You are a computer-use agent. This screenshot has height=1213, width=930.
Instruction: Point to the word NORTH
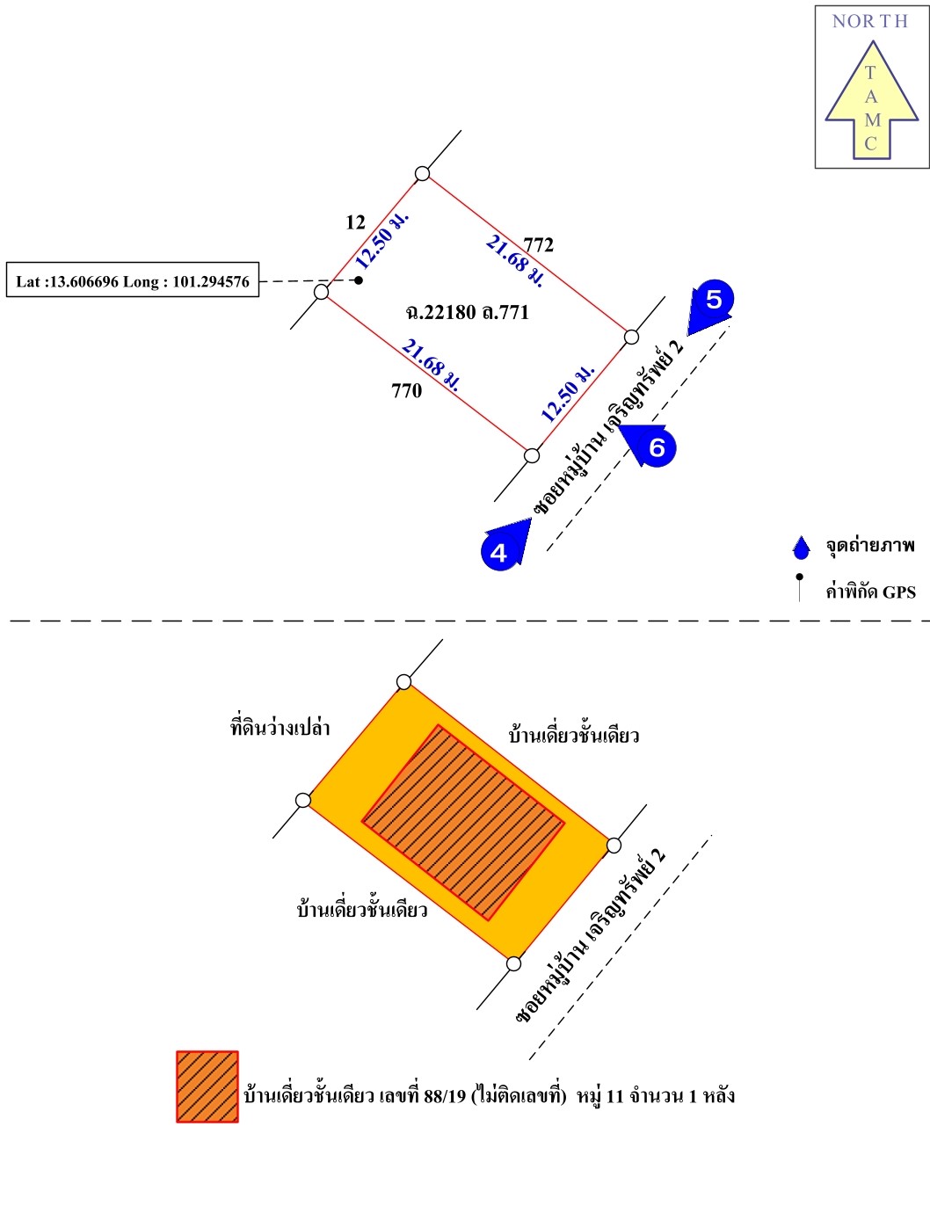tap(869, 21)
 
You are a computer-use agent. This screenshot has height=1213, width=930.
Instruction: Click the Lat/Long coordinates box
tap(133, 280)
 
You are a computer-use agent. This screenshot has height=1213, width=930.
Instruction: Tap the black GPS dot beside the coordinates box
tap(359, 280)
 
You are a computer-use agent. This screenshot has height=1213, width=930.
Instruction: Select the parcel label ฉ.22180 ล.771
tap(467, 312)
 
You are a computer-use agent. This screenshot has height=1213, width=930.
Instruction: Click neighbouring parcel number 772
tap(538, 244)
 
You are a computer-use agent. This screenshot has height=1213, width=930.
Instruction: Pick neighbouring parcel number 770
tap(406, 391)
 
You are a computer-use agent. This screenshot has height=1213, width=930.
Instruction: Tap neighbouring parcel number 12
tap(355, 222)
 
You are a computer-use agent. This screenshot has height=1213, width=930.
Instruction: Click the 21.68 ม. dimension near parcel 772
tap(515, 260)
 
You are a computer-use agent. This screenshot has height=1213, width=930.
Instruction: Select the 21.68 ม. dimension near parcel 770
tap(431, 364)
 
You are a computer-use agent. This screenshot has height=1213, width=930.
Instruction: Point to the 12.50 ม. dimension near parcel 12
tap(381, 239)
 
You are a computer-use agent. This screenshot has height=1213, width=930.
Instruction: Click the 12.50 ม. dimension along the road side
tap(567, 393)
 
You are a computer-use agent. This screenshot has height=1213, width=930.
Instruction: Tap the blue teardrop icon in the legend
tap(801, 548)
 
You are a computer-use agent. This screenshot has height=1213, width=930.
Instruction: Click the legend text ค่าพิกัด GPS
tap(869, 592)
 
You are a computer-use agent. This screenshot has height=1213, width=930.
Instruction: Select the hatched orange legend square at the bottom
tap(207, 1086)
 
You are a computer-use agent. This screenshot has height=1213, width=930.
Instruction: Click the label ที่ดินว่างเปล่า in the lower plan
tap(280, 727)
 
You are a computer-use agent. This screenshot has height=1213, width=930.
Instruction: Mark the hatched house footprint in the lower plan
tap(462, 822)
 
